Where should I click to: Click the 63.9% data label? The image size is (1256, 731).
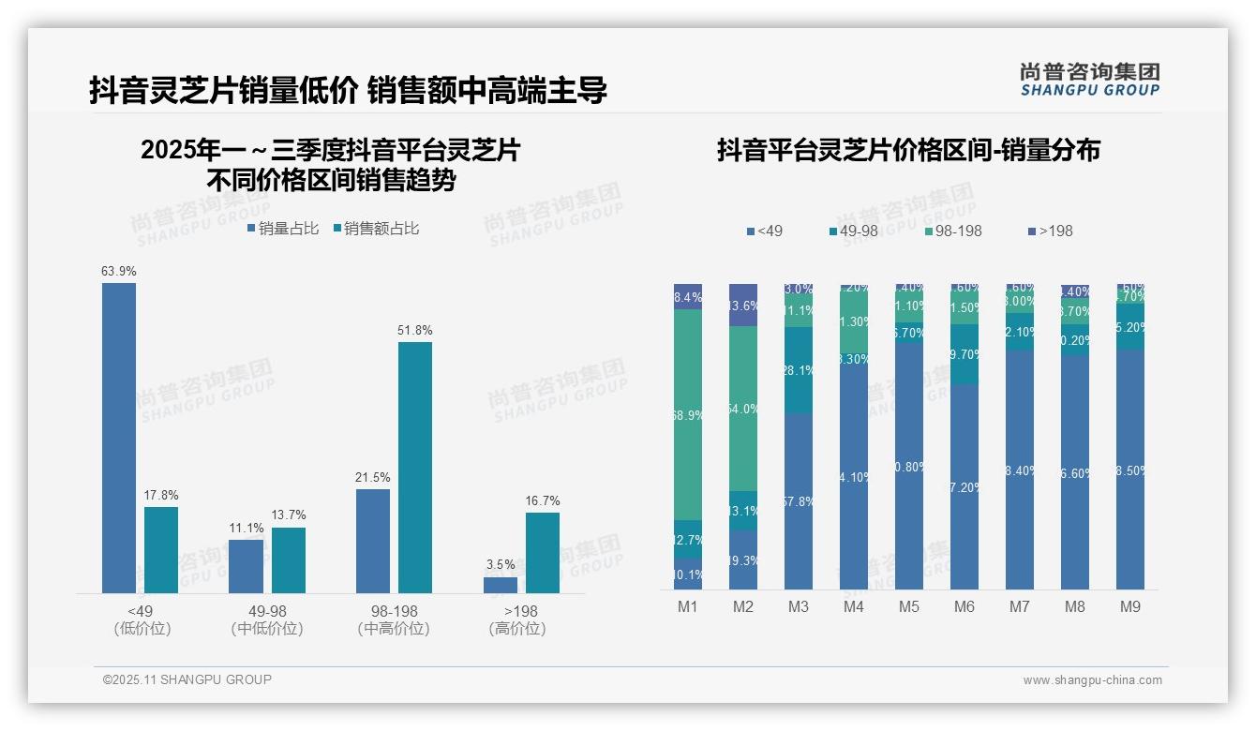click(119, 271)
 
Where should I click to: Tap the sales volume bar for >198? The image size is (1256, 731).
click(501, 585)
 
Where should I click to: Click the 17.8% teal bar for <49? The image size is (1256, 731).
click(161, 550)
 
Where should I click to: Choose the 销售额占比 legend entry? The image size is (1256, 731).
click(375, 229)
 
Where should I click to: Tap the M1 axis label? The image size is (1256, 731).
click(688, 606)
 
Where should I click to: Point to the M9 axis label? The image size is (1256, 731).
click(1130, 606)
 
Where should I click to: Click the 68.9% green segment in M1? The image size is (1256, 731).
click(688, 414)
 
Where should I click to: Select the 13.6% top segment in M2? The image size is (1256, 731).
click(743, 306)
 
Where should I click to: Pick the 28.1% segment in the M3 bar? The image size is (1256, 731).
click(799, 370)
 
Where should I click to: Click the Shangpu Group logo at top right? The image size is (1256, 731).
click(1089, 79)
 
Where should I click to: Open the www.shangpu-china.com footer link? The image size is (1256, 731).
click(1092, 680)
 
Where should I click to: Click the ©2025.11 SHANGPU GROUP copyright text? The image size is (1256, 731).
click(187, 679)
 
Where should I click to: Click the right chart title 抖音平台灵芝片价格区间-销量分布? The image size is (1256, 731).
click(908, 150)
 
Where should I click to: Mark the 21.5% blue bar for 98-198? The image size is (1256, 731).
click(373, 541)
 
